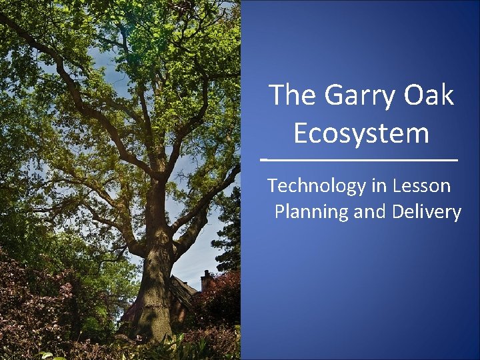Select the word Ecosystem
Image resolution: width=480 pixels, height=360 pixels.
361,133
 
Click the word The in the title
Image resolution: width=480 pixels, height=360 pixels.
292,95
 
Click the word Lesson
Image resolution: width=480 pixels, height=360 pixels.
421,186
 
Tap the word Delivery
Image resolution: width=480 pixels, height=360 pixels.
426,212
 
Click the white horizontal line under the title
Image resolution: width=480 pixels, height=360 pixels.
359,161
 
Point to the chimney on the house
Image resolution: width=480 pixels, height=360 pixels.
206,278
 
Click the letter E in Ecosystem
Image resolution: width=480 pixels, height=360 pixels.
302,133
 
